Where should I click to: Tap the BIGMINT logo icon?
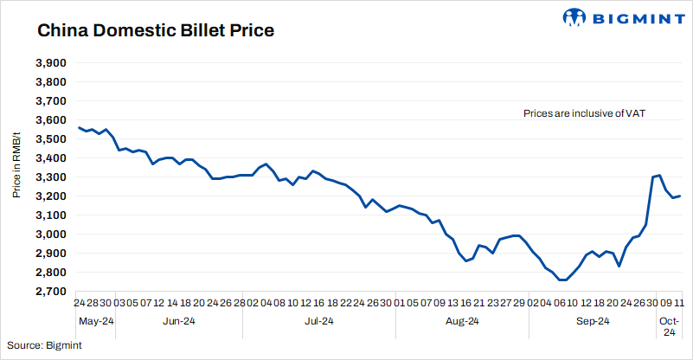(x=574, y=17)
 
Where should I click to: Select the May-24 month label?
(x=95, y=321)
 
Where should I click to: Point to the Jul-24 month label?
(x=319, y=321)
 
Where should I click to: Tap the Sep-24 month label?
(x=593, y=321)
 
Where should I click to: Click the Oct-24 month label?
(x=668, y=326)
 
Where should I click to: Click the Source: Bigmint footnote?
(x=44, y=345)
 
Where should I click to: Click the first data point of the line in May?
(x=79, y=127)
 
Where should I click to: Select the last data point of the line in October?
(x=679, y=196)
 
